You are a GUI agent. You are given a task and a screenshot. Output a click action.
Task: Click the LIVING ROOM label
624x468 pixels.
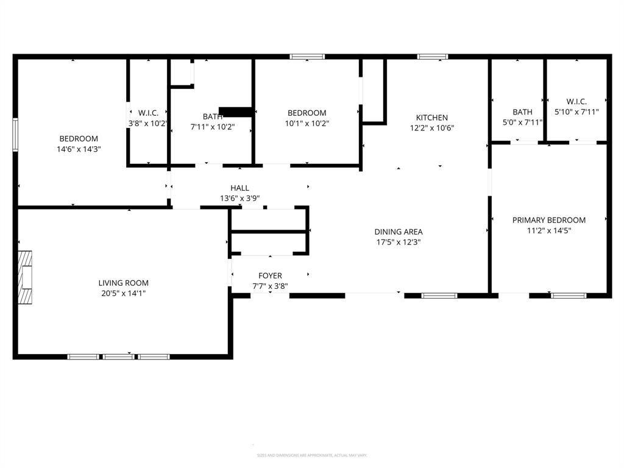coord(124,283)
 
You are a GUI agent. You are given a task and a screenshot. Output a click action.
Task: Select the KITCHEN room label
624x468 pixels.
coord(431,118)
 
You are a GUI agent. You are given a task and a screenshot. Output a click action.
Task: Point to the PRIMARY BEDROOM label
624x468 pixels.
coord(548,220)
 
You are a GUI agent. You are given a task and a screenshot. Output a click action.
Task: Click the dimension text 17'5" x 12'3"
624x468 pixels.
coord(398,242)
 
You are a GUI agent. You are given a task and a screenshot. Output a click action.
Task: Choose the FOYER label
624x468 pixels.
coord(270,275)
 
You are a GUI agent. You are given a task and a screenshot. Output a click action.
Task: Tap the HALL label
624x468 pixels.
coord(239,188)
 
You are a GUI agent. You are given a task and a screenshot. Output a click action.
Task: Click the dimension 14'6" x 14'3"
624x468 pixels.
coord(79,149)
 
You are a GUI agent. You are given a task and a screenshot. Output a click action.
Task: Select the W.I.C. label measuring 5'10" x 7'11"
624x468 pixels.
coord(576,102)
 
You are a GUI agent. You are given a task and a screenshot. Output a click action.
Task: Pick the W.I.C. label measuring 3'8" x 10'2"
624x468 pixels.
coord(148,113)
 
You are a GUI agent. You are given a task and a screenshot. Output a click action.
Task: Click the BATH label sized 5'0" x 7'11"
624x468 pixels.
coord(522,112)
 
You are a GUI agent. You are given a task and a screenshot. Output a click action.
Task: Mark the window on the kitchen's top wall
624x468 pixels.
coord(433,57)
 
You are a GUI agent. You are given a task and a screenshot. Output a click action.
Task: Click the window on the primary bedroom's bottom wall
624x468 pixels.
coord(569,296)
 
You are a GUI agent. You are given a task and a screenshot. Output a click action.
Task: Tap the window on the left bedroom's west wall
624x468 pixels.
coord(15,134)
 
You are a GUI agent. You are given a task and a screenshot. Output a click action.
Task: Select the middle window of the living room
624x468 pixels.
coord(119,356)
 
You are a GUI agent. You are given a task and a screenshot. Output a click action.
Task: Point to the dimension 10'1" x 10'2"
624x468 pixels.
coord(307,123)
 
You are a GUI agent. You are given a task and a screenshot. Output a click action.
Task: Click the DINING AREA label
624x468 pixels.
coord(398,232)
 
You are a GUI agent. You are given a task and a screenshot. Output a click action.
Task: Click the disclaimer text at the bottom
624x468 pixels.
coord(311,455)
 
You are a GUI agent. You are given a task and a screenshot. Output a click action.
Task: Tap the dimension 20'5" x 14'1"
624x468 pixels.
coord(124,293)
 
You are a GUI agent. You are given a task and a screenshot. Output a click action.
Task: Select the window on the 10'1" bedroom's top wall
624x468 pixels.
coord(307,57)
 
